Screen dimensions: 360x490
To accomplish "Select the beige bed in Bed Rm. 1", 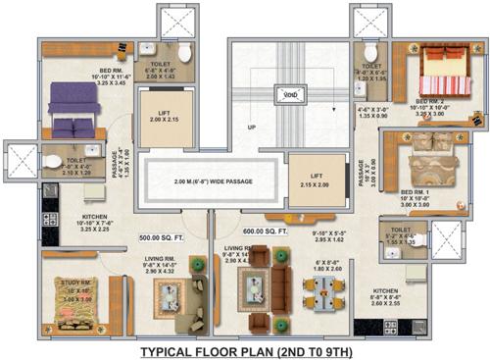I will coord(430,152).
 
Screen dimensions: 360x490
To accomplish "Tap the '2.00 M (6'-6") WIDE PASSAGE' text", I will coord(213,183).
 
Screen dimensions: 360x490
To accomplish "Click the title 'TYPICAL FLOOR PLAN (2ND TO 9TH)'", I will coord(244,350).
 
